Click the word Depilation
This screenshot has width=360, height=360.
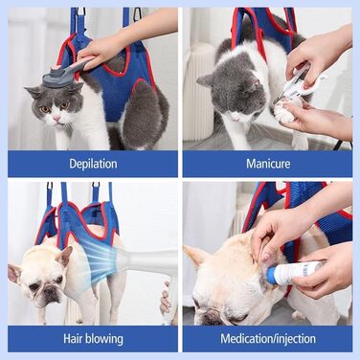(93, 164)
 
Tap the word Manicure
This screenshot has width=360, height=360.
(268, 164)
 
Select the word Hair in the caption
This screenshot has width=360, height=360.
(72, 338)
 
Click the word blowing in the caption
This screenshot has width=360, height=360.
(102, 339)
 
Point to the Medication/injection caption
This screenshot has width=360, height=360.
(268, 339)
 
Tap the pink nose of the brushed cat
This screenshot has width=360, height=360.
(56, 119)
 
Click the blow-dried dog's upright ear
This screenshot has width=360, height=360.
(65, 257)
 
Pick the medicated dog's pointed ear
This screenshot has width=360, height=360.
(193, 257)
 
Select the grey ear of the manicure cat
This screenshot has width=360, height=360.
(205, 80)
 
